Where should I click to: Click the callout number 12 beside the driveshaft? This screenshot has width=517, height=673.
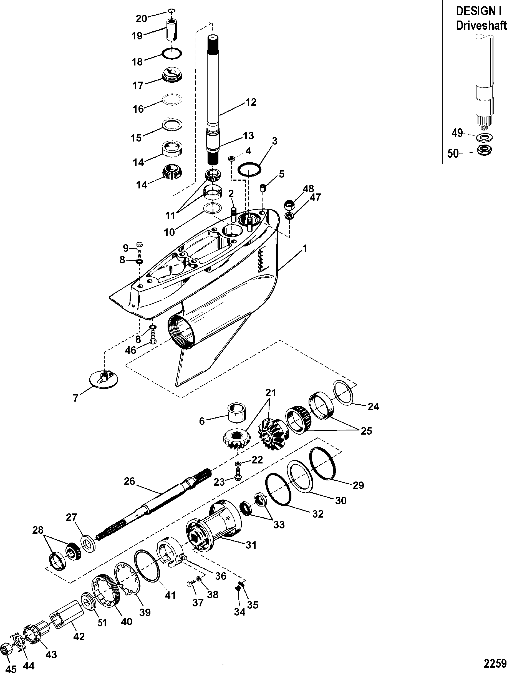coord(251,102)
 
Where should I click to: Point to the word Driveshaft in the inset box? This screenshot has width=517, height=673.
coord(481,26)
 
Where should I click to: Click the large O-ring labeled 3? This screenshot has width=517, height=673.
coord(249,170)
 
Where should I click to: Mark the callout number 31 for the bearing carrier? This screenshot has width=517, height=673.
coord(251,545)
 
